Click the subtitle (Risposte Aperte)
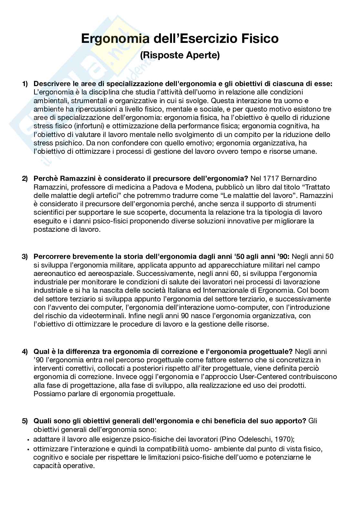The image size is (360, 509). pos(180,55)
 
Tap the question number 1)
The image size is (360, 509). pos(25,84)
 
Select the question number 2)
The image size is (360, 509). pos(25,179)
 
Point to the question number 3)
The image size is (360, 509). pos(25,257)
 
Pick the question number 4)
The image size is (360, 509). pos(25,351)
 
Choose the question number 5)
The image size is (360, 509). pos(25,421)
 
